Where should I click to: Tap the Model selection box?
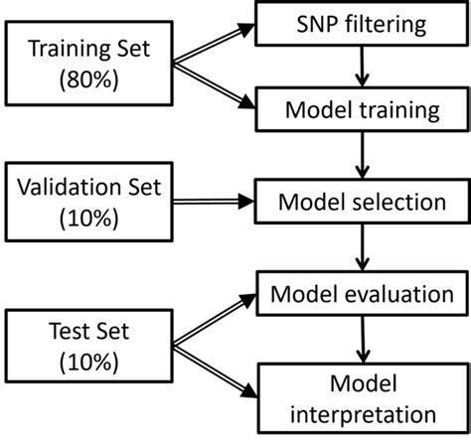[x=361, y=203]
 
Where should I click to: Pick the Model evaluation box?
[x=361, y=295]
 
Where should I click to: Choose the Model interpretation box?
[x=361, y=396]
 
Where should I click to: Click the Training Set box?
[x=87, y=64]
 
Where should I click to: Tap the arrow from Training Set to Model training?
[x=215, y=86]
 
